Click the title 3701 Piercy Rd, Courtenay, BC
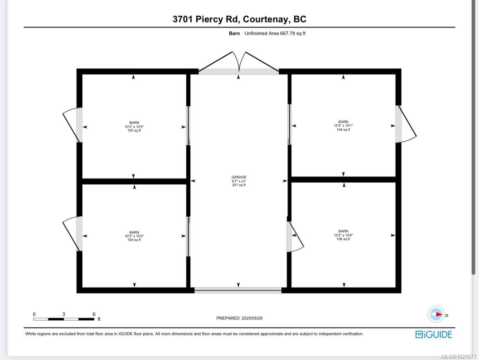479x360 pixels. coord(239,19)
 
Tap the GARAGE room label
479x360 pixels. coord(239,177)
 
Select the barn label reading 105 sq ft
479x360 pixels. coord(134,131)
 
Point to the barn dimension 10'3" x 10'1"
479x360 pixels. coord(343,126)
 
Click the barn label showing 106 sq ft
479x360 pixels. coord(343,239)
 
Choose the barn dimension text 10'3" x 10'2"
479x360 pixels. coord(134,236)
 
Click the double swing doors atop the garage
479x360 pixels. coord(239,64)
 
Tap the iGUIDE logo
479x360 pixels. coord(434,334)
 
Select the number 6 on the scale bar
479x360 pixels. coord(94,314)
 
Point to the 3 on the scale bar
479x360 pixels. coord(63,314)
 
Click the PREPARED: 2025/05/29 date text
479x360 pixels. coord(242,318)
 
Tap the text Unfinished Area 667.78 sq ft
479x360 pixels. coord(275,34)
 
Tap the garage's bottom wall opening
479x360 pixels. coord(238,290)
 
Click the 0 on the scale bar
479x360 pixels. coord(34,314)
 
